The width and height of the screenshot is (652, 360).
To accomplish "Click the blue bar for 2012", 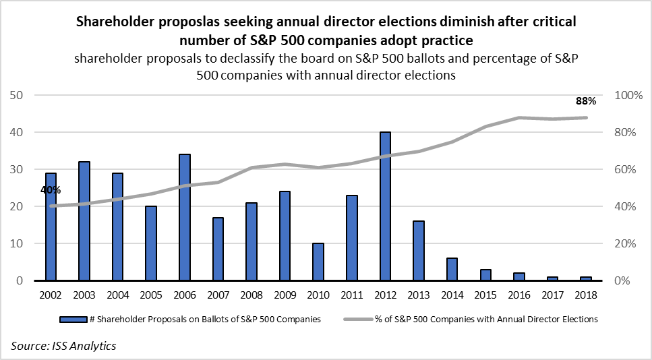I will point(384,206).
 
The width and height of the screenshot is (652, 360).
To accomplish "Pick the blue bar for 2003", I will point(84,221).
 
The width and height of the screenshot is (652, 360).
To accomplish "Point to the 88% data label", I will point(585,101).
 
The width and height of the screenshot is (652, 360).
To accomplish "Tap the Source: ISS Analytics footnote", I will point(63,346).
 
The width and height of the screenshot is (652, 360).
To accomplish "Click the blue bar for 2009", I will point(284,236).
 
